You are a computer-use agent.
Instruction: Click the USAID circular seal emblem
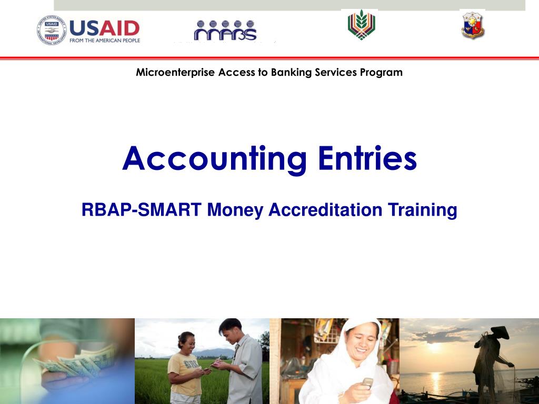52,30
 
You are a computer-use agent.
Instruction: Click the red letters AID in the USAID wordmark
119,28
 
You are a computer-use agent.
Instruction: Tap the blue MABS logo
225,30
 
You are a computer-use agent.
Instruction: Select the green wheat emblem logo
361,25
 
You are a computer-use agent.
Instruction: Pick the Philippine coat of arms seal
473,25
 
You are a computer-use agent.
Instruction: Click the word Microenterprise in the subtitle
175,73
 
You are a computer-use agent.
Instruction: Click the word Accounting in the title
214,158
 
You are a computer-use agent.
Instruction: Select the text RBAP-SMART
141,209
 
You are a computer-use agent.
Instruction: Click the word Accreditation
325,209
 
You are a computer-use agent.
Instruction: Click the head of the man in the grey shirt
231,330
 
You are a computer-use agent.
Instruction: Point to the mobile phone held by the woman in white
367,383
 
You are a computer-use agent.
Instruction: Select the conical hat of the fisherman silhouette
500,332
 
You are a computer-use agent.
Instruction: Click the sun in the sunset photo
434,347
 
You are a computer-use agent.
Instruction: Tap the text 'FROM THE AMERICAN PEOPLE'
105,41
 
